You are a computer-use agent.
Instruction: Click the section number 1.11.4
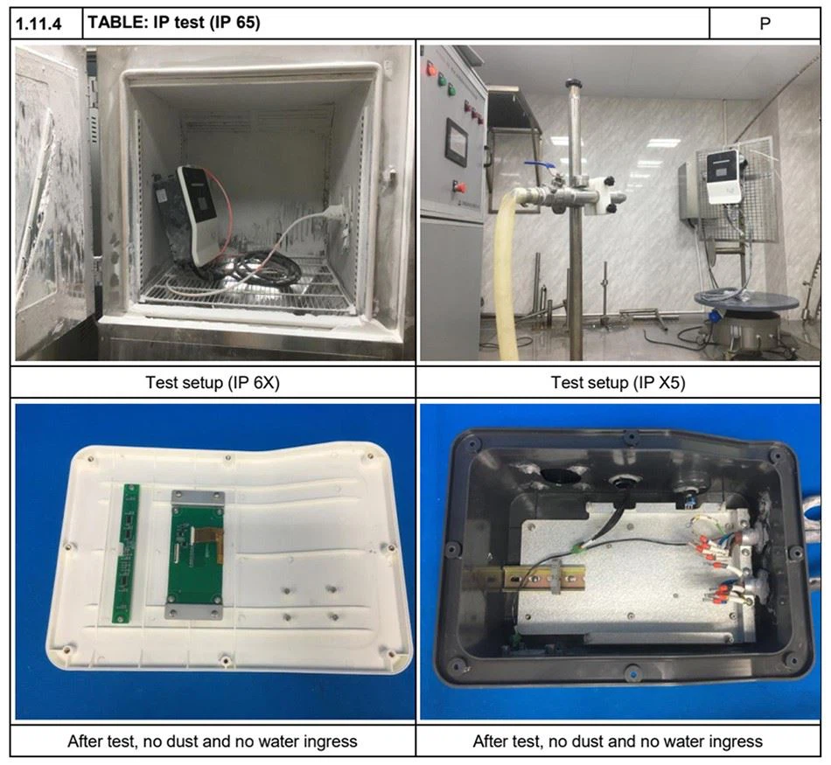pyautogui.click(x=38, y=24)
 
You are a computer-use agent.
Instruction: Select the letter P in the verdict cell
pyautogui.click(x=765, y=24)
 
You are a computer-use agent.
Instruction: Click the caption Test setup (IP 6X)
pyautogui.click(x=213, y=382)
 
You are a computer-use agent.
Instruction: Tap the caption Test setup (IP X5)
pyautogui.click(x=618, y=382)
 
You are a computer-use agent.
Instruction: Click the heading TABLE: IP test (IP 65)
pyautogui.click(x=174, y=23)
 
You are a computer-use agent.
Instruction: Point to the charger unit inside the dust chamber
pyautogui.click(x=194, y=215)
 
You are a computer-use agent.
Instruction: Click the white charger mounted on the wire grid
pyautogui.click(x=722, y=177)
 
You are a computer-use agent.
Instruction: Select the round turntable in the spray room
pyautogui.click(x=747, y=303)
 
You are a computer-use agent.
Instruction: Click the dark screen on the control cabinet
pyautogui.click(x=457, y=140)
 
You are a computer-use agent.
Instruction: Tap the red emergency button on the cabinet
pyautogui.click(x=459, y=186)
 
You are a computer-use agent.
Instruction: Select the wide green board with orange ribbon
pyautogui.click(x=194, y=554)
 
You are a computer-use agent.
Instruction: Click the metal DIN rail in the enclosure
pyautogui.click(x=525, y=578)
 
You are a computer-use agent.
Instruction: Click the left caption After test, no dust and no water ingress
pyautogui.click(x=213, y=741)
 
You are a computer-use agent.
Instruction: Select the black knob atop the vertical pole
pyautogui.click(x=573, y=83)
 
